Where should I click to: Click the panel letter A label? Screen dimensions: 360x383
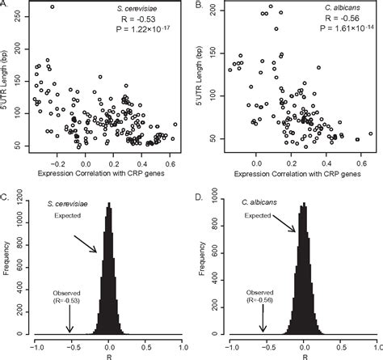(5, 6)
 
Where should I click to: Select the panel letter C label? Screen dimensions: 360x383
(5, 193)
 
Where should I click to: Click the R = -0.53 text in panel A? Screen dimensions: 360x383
(146, 22)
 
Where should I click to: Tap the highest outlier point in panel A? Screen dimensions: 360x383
(53, 7)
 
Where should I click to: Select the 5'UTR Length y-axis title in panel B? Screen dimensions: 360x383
(208, 77)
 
